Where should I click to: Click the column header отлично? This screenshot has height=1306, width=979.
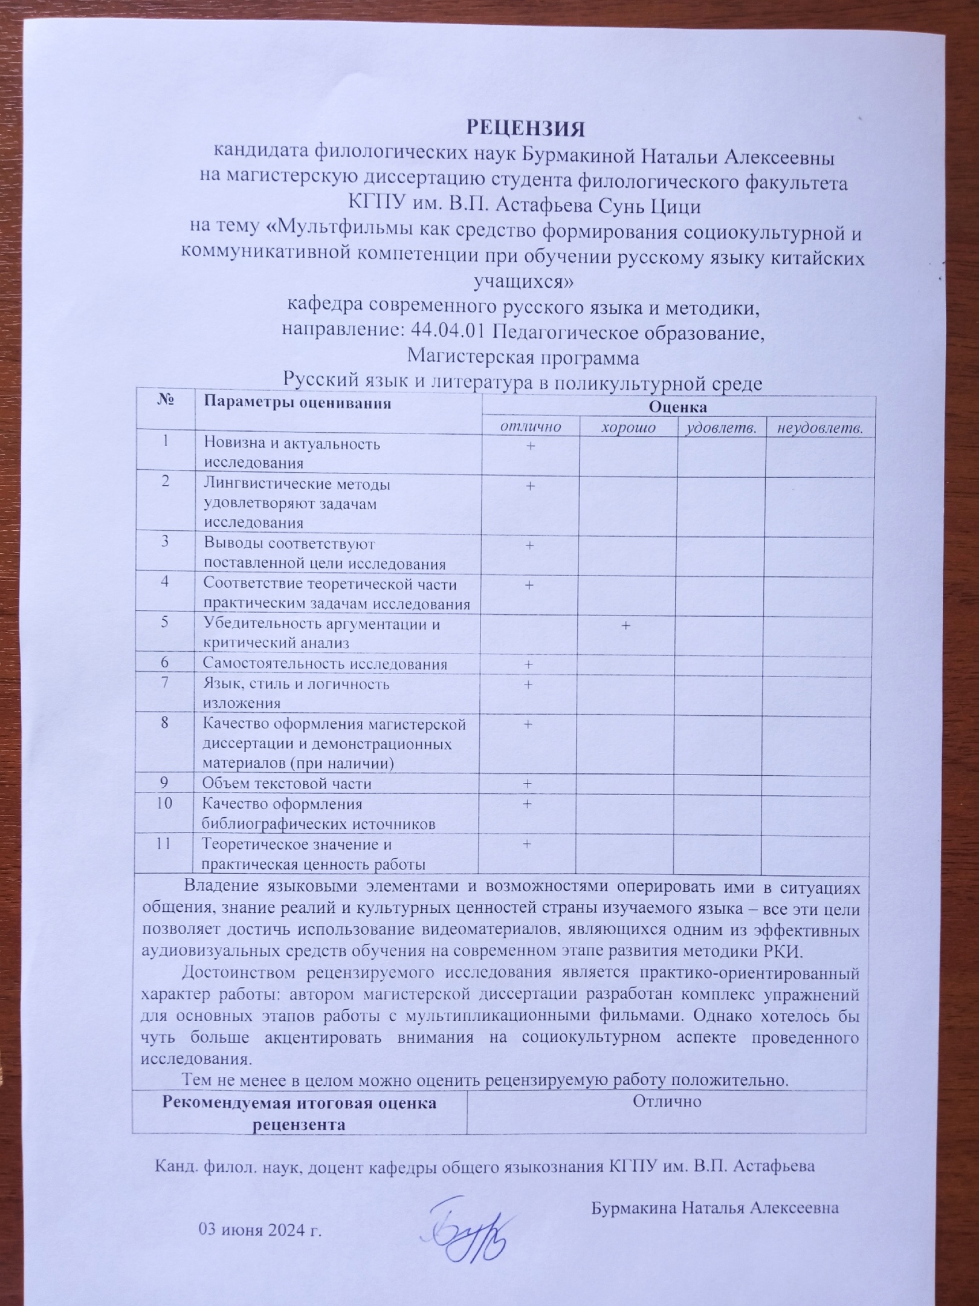click(530, 427)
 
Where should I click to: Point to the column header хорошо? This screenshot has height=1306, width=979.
click(628, 427)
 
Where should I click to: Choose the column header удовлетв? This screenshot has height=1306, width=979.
click(722, 428)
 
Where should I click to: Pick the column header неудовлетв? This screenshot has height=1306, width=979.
click(819, 429)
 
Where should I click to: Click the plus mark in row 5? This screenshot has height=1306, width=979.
click(626, 625)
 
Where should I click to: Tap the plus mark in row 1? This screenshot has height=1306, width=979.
click(531, 446)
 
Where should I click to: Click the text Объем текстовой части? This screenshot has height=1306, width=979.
click(287, 784)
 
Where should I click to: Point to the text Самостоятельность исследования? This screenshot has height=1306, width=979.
click(325, 664)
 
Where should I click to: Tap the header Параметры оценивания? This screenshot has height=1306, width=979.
click(297, 402)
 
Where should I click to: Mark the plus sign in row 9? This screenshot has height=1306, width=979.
click(527, 784)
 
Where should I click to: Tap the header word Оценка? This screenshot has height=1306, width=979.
click(677, 406)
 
